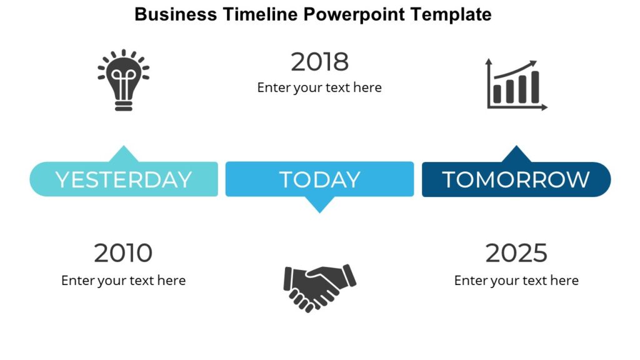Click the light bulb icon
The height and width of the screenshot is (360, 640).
click(124, 80)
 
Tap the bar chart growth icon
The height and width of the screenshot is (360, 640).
click(516, 85)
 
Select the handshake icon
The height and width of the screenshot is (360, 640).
click(319, 286)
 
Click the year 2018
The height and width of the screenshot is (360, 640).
click(319, 62)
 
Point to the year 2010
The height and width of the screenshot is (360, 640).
click(123, 253)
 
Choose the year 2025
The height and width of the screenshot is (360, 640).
click(516, 253)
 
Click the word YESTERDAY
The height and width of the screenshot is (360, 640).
click(124, 179)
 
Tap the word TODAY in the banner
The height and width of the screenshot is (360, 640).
click(319, 179)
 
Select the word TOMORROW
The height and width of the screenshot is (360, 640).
click(516, 179)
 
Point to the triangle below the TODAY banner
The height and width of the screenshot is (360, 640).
click(319, 204)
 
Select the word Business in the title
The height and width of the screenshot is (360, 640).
click(176, 14)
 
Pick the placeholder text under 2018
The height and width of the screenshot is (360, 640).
click(319, 87)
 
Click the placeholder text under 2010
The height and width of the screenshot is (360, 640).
click(123, 281)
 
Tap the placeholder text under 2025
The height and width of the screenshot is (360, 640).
click(516, 281)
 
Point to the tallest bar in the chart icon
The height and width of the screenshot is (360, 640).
click(534, 87)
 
